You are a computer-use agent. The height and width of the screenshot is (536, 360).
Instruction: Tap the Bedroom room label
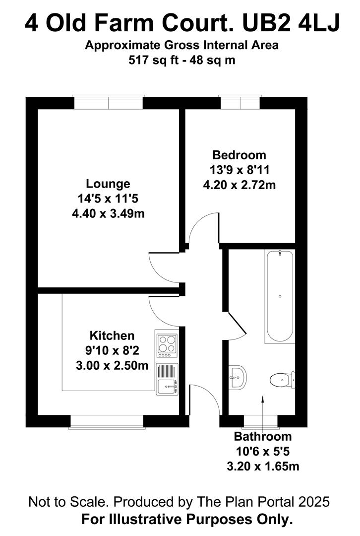(239, 155)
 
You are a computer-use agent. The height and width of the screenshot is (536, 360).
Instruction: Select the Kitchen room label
(112, 335)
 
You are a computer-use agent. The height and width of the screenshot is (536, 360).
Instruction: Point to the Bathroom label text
(263, 437)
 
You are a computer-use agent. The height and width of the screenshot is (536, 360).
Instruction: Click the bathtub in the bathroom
(280, 297)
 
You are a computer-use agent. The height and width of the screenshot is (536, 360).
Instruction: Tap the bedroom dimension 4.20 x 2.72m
(240, 185)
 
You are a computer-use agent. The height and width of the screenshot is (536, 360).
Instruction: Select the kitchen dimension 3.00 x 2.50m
(112, 366)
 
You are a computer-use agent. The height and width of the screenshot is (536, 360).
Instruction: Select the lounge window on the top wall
(109, 103)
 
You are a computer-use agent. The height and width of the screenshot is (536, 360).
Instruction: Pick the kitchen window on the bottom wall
(107, 421)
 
